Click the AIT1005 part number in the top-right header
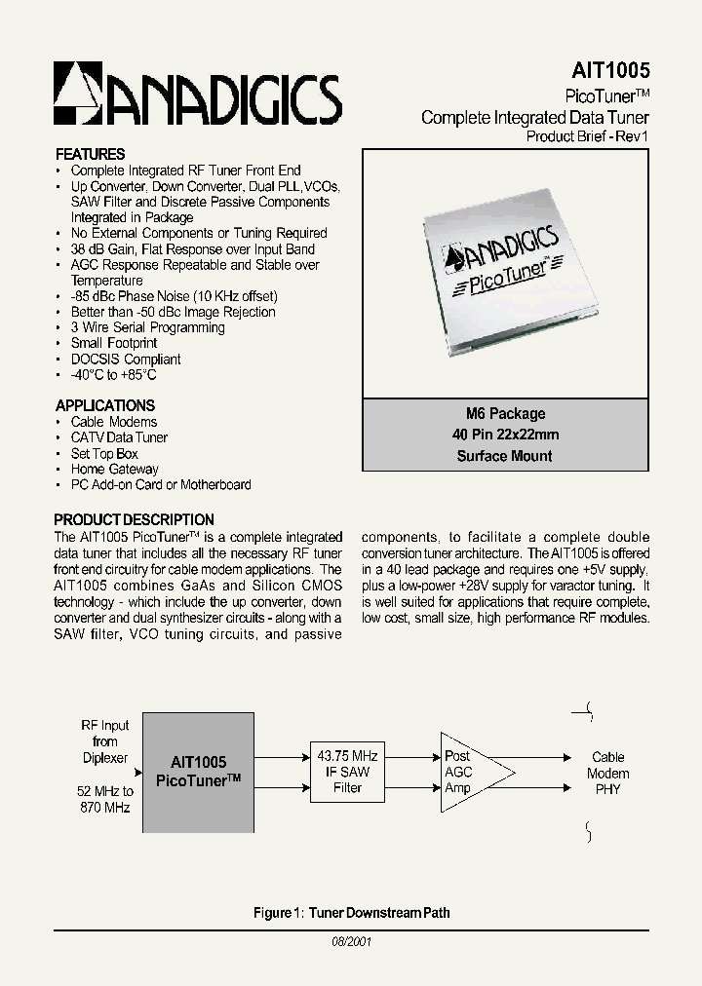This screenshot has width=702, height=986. pyautogui.click(x=609, y=71)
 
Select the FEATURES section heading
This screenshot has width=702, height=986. pyautogui.click(x=90, y=154)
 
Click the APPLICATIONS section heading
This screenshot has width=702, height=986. pyautogui.click(x=104, y=405)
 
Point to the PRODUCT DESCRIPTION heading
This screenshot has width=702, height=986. pyautogui.click(x=134, y=519)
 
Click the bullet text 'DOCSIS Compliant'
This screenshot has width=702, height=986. pyautogui.click(x=126, y=359)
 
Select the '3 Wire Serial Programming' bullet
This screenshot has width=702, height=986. pyautogui.click(x=147, y=327)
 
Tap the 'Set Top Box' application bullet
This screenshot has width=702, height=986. pyautogui.click(x=104, y=453)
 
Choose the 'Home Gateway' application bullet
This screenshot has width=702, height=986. pyautogui.click(x=114, y=469)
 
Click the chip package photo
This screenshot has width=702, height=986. pyautogui.click(x=504, y=272)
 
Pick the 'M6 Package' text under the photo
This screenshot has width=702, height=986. pyautogui.click(x=504, y=413)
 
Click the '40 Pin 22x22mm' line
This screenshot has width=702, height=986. pyautogui.click(x=504, y=435)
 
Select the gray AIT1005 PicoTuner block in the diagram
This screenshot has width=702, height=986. pyautogui.click(x=198, y=772)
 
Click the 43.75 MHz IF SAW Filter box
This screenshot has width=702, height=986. pyautogui.click(x=347, y=771)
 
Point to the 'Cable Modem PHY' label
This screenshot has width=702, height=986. pyautogui.click(x=608, y=773)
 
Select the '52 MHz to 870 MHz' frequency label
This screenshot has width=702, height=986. pyautogui.click(x=106, y=800)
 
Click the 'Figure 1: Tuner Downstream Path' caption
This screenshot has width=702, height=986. pyautogui.click(x=351, y=913)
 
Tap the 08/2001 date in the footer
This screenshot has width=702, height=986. pyautogui.click(x=351, y=942)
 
